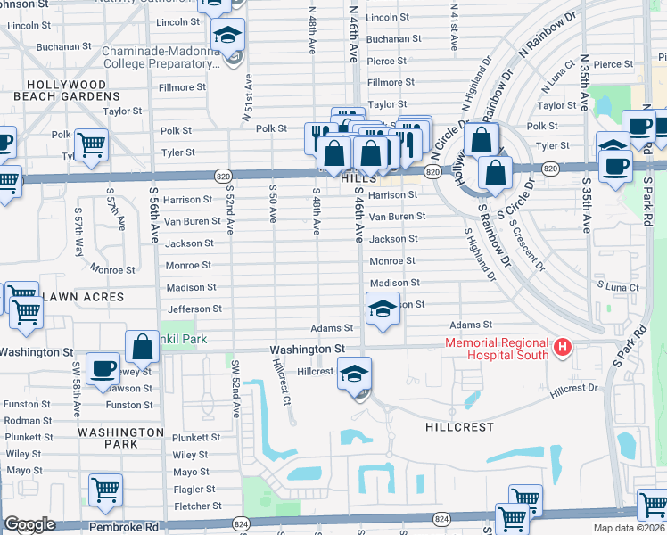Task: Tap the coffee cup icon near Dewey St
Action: pyautogui.click(x=103, y=367)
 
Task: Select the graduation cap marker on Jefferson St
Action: pyautogui.click(x=382, y=310)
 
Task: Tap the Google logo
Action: pyautogui.click(x=29, y=524)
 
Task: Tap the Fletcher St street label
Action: pyautogui.click(x=193, y=506)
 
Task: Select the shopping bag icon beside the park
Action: pyautogui.click(x=143, y=346)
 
